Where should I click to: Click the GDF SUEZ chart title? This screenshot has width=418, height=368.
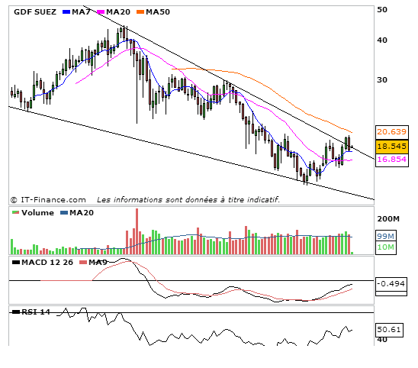[x=35, y=12]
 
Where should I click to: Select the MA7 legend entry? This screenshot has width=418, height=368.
[x=76, y=12]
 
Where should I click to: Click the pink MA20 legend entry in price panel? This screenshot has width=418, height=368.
[x=114, y=12]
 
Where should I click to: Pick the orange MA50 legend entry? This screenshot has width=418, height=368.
[x=153, y=12]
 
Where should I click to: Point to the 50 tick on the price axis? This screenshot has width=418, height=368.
[x=382, y=10]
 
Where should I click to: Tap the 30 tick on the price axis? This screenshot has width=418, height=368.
[x=382, y=80]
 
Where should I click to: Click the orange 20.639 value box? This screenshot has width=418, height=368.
[x=391, y=132]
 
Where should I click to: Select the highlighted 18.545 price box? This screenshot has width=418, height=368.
[x=392, y=147]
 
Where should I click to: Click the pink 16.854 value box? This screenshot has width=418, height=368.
[x=391, y=160]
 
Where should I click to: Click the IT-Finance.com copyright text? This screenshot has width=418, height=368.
[x=48, y=200]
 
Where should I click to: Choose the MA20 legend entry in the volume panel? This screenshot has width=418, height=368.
[x=77, y=213]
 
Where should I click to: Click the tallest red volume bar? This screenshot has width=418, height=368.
[x=137, y=231]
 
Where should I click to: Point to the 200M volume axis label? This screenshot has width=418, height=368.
[x=388, y=219]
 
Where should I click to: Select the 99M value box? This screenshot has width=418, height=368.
[x=385, y=236]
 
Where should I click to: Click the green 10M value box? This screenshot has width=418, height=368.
[x=385, y=247]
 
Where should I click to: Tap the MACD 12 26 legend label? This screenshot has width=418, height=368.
[x=43, y=263]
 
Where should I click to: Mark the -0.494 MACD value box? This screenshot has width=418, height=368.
[x=391, y=284]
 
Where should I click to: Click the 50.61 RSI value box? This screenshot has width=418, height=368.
[x=389, y=330]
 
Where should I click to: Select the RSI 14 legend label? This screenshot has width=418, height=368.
[x=31, y=312]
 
